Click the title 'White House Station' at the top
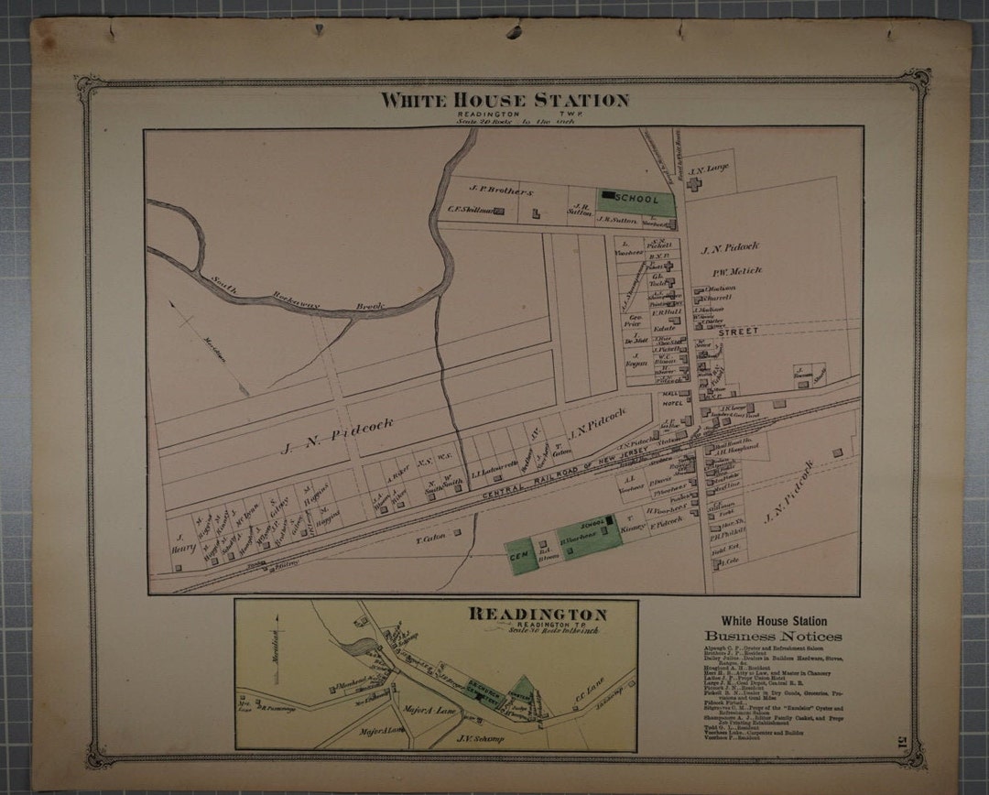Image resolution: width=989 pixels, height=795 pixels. pos(505,100)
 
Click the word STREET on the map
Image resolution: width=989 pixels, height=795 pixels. pos(738,332)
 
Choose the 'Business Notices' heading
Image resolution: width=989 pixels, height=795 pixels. pos(773,637)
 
